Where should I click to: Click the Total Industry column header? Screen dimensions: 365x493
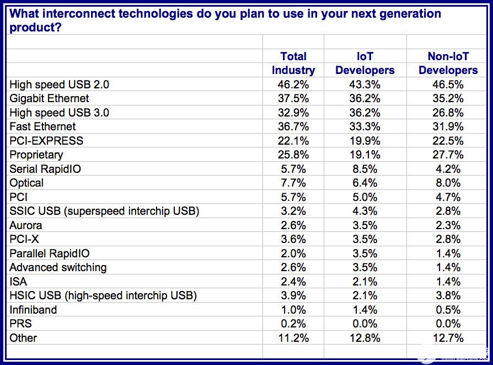click(293, 64)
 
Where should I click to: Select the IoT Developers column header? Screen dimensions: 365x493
click(365, 64)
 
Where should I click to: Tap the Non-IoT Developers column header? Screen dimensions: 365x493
click(448, 64)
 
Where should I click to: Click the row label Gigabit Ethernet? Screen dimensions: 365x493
click(49, 98)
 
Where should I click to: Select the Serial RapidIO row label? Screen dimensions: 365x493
click(45, 169)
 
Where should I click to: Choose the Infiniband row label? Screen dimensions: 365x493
click(33, 310)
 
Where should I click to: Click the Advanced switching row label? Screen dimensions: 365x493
click(58, 267)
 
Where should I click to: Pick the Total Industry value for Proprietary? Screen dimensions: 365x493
click(293, 155)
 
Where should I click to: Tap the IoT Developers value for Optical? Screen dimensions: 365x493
click(365, 183)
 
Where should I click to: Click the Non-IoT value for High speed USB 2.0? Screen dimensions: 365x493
click(448, 84)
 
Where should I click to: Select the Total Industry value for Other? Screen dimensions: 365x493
click(293, 338)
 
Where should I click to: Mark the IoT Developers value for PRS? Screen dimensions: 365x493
click(365, 324)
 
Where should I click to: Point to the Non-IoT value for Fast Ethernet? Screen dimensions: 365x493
click(448, 126)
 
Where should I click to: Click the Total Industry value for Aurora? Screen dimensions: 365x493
click(293, 225)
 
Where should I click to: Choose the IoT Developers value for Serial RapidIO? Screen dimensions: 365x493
click(365, 169)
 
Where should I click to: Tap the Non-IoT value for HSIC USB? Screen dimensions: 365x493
click(448, 295)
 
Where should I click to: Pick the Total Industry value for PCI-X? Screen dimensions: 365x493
click(293, 239)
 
